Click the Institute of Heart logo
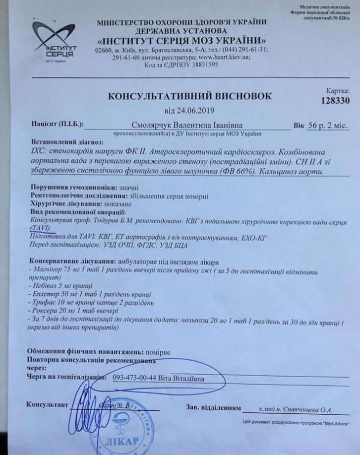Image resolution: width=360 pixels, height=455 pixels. pos(52,42)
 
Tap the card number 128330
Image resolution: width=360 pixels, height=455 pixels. pos(334,100)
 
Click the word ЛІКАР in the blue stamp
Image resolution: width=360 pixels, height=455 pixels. pos(120,441)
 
